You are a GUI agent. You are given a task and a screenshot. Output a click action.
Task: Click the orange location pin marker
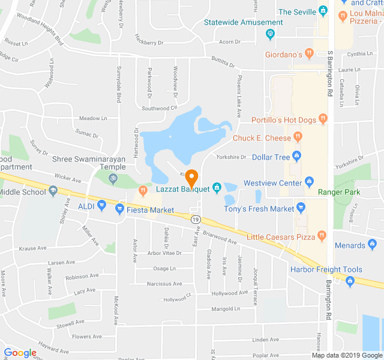[191, 179]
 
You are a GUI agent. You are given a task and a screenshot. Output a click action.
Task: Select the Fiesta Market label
[150, 210]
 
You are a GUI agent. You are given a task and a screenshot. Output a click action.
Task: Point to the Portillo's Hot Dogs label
[283, 120]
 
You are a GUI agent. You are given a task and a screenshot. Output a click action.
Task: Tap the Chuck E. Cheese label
[262, 139]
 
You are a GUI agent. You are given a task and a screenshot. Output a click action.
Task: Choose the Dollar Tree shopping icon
[296, 157]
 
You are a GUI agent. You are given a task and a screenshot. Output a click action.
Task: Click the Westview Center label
[272, 183]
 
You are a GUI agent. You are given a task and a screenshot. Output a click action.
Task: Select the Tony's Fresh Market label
[259, 209]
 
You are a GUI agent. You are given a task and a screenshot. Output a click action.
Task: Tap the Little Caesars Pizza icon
[322, 236]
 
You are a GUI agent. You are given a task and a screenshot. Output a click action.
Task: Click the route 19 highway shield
[196, 220]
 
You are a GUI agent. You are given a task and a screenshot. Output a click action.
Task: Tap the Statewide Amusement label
[235, 22]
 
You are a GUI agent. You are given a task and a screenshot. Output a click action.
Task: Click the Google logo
[20, 353]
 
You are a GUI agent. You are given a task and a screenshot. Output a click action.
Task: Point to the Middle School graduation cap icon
[53, 191]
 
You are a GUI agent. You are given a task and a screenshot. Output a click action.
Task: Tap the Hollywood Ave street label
[230, 293]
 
